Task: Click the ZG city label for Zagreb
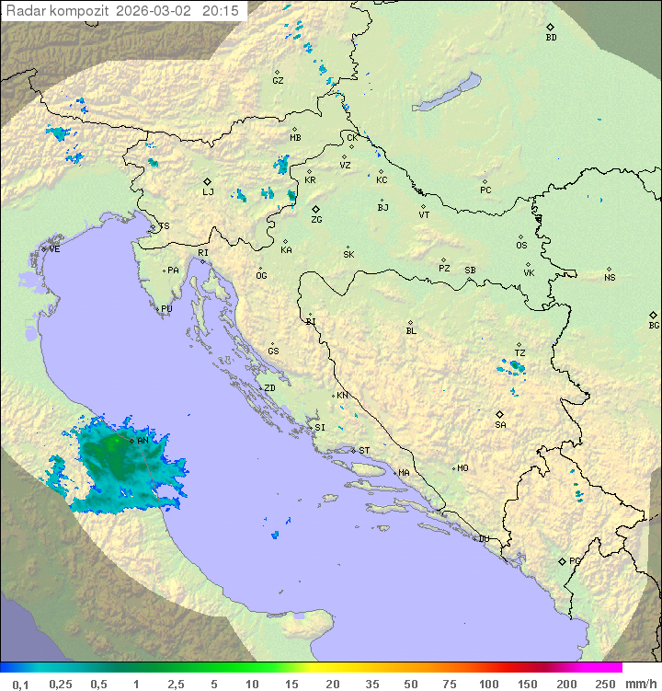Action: tap(316, 221)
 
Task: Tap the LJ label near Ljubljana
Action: tap(208, 192)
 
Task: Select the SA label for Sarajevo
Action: tap(500, 425)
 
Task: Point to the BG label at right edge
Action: tap(654, 326)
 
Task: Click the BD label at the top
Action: tap(551, 38)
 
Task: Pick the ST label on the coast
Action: tap(364, 451)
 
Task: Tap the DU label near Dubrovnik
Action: tap(484, 539)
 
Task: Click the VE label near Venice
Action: tap(54, 249)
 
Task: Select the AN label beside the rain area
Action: tap(143, 442)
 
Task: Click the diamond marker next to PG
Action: tap(562, 560)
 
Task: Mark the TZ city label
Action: tap(519, 353)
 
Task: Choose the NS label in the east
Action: tap(610, 278)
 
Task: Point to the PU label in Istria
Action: tap(166, 310)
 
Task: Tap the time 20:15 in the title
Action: tap(221, 11)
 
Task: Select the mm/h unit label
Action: tap(639, 684)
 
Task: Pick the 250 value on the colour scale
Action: tap(604, 684)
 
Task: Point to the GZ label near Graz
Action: tap(278, 81)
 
